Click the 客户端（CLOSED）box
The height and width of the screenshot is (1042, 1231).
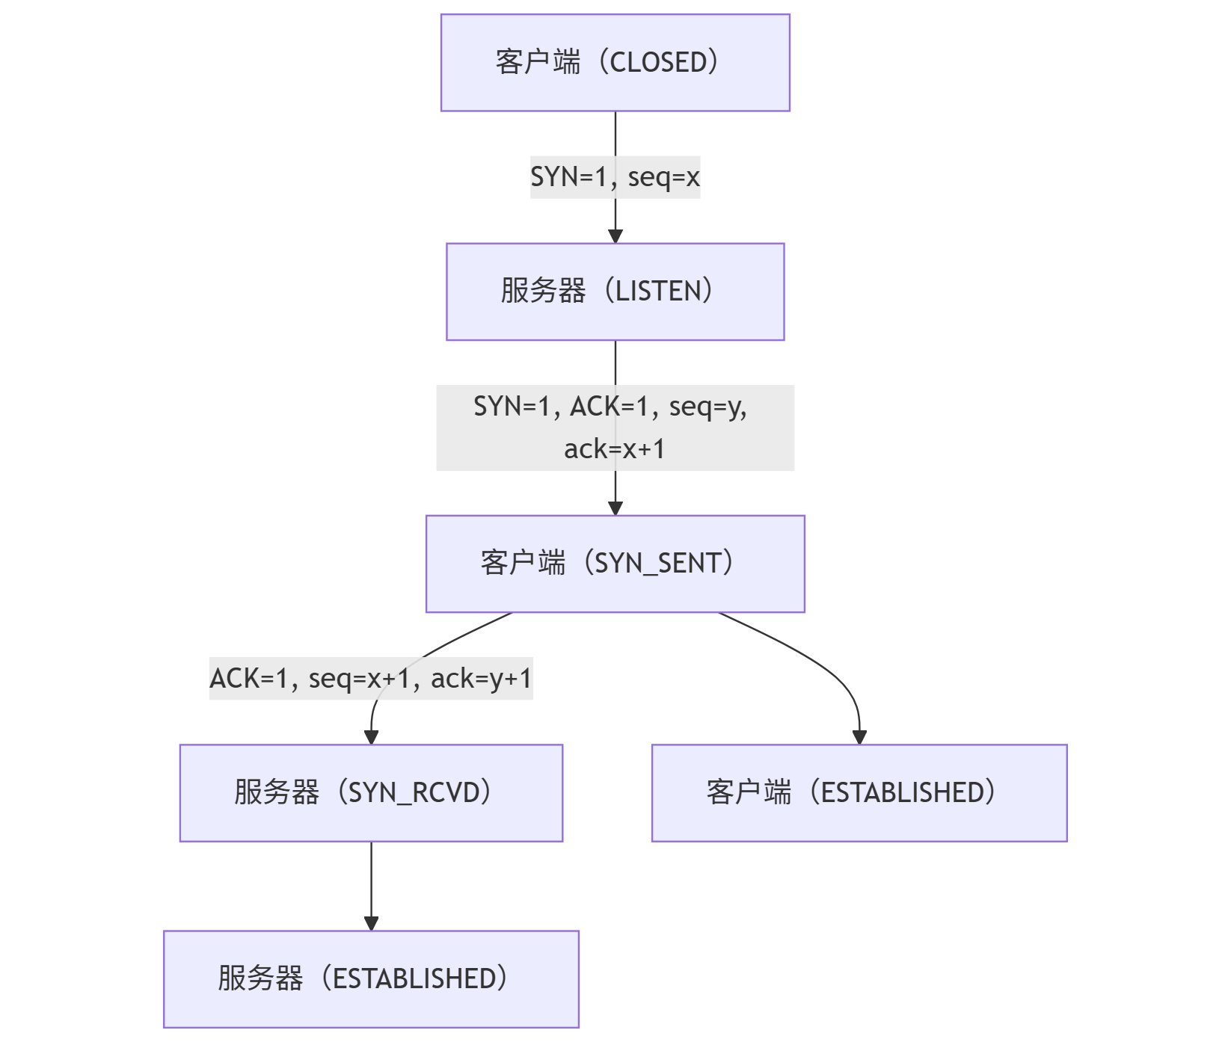(615, 63)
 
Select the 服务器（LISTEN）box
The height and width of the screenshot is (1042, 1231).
(615, 292)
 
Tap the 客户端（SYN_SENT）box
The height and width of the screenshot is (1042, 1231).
(615, 564)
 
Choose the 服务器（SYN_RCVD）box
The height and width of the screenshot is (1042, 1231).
(371, 792)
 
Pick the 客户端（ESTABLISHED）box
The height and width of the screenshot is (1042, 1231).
(859, 792)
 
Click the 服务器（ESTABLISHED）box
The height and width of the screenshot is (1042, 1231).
(371, 978)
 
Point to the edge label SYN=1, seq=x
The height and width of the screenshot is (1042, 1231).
(615, 177)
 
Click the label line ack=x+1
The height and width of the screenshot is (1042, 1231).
(615, 449)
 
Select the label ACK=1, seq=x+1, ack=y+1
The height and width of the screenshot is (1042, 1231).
(371, 679)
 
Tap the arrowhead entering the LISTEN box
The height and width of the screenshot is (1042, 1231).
(615, 236)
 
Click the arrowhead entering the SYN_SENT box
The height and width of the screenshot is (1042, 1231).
(615, 508)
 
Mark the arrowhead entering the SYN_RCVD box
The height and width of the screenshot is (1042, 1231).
(371, 737)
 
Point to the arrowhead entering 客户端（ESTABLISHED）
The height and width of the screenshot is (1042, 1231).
(859, 737)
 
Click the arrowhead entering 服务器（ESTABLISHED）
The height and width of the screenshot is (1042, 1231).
(371, 923)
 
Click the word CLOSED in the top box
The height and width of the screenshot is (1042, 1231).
(658, 63)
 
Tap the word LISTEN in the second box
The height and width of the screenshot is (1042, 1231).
(658, 292)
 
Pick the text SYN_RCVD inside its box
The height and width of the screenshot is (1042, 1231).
(414, 792)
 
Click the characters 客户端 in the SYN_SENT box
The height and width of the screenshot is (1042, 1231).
(523, 564)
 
